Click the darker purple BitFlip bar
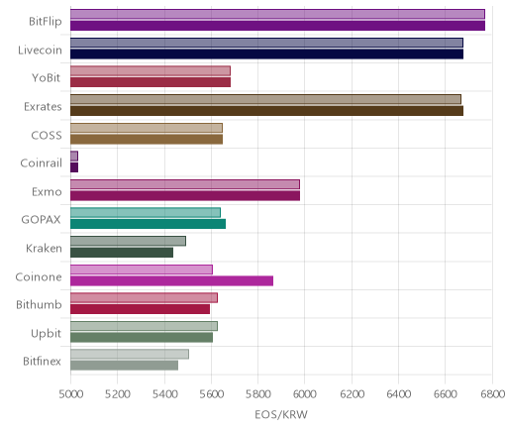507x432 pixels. coord(277,26)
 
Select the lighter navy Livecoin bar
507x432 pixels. coord(266,43)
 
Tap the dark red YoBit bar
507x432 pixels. coord(151,82)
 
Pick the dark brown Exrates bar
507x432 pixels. coord(266,111)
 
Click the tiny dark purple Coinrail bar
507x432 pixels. coord(74,167)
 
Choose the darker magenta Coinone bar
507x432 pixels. coord(171,281)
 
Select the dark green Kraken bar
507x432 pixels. coord(122,253)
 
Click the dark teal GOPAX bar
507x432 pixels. coord(148,224)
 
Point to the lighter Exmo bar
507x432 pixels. coord(185,184)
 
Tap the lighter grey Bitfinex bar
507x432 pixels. coord(130,355)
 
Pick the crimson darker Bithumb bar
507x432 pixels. coord(140,309)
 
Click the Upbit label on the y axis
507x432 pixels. coord(46,333)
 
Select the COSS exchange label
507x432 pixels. coord(47,136)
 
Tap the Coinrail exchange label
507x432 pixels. coord(42,163)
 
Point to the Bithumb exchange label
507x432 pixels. coord(39,304)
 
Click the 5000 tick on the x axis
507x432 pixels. coord(71,394)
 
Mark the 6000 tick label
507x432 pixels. coord(305,394)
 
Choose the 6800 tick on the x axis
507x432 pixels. coord(492,394)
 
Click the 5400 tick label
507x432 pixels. coord(164,394)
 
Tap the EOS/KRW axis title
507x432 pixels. coord(281,414)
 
